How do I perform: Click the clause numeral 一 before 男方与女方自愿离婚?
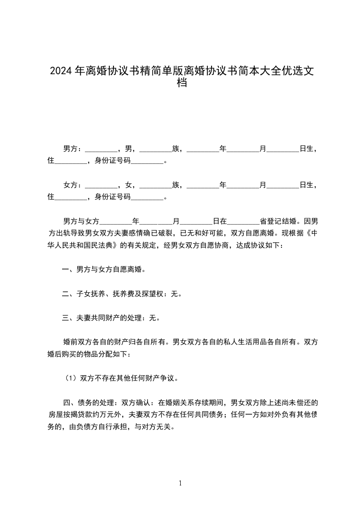[x=65, y=270]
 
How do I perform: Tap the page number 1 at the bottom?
[x=180, y=483]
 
